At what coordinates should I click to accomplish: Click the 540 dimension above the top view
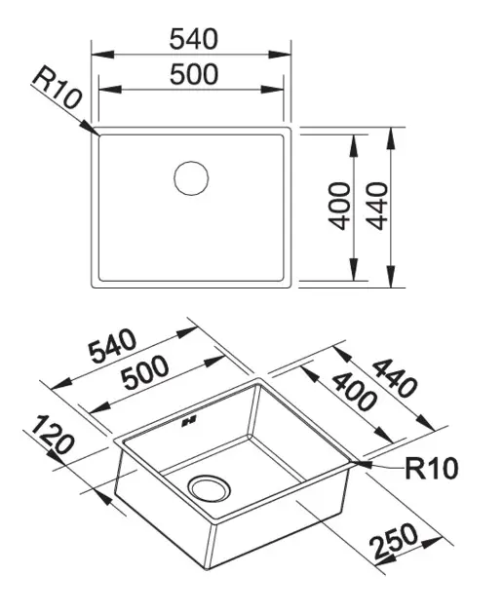(193, 38)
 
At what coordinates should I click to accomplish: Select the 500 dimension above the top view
(194, 74)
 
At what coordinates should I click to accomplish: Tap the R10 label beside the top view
(57, 87)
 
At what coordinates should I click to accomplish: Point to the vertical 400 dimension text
(339, 206)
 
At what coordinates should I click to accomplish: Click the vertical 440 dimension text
(377, 206)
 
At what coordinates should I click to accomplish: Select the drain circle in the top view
(191, 177)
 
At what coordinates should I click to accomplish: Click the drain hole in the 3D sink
(209, 488)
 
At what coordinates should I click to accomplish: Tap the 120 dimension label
(52, 435)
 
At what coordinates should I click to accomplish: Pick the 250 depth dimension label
(393, 541)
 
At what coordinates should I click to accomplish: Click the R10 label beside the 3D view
(431, 468)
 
